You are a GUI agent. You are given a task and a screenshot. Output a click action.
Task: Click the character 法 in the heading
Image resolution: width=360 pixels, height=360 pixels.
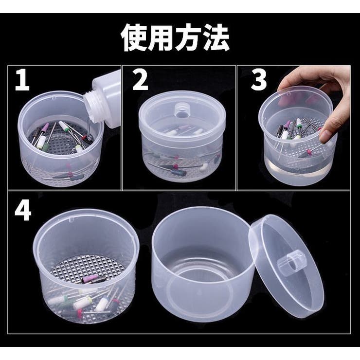tap(216, 38)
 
